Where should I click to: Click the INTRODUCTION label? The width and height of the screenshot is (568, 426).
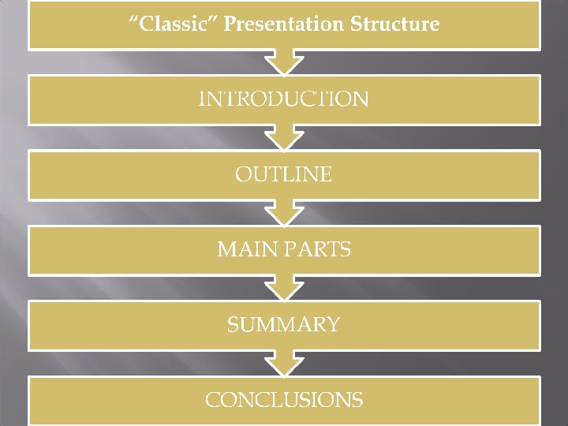284,99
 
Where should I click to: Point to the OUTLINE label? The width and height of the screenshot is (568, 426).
284,174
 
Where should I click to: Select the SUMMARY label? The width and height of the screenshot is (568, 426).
284,324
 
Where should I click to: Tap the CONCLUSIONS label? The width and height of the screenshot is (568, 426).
284,400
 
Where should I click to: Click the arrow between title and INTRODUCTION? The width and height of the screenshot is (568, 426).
284,62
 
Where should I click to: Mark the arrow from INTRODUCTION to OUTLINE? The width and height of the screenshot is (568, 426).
284,137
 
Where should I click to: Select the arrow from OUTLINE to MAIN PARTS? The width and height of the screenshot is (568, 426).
284,212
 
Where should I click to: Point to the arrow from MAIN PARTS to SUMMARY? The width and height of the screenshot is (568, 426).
284,287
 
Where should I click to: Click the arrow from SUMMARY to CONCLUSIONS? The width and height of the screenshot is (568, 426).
284,362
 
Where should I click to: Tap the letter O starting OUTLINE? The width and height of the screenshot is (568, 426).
244,174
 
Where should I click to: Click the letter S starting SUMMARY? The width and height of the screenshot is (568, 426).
233,324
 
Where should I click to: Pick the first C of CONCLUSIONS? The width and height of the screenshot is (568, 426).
212,400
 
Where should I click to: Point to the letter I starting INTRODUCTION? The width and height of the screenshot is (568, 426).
201,99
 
